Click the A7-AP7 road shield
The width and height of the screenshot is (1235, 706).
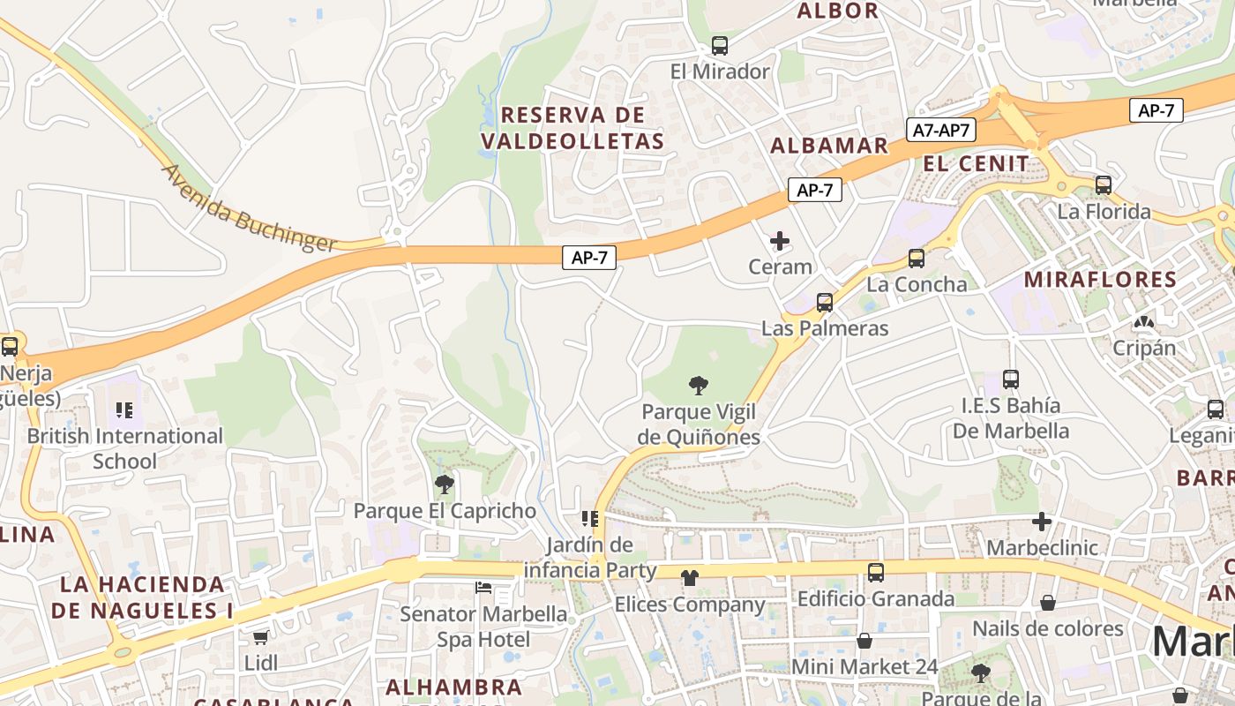pyautogui.click(x=940, y=131)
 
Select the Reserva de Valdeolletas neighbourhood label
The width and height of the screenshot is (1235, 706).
pyautogui.click(x=573, y=128)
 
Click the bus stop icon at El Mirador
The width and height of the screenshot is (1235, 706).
pyautogui.click(x=720, y=46)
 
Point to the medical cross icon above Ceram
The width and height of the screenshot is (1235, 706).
pyautogui.click(x=780, y=240)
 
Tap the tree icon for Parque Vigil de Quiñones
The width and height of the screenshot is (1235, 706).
pyautogui.click(x=699, y=386)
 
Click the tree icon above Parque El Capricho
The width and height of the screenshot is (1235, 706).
pyautogui.click(x=445, y=484)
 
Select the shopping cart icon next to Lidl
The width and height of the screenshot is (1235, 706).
pyautogui.click(x=260, y=637)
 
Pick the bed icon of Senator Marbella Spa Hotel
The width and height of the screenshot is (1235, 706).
pyautogui.click(x=483, y=588)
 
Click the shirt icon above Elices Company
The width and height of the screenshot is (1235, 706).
pyautogui.click(x=689, y=578)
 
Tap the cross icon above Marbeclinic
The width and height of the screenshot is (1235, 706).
pyautogui.click(x=1042, y=522)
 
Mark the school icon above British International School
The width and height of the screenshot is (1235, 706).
pyautogui.click(x=124, y=410)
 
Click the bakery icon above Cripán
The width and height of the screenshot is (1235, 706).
pyautogui.click(x=1144, y=322)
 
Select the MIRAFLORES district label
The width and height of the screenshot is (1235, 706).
pyautogui.click(x=1100, y=280)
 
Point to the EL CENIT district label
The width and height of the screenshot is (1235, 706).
pyautogui.click(x=977, y=163)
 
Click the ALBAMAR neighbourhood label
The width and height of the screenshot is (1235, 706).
pyautogui.click(x=829, y=146)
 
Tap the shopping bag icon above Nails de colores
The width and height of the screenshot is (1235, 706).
pyautogui.click(x=1048, y=603)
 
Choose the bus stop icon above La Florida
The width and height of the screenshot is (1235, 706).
pyautogui.click(x=1104, y=185)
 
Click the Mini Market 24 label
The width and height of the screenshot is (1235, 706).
pyautogui.click(x=864, y=666)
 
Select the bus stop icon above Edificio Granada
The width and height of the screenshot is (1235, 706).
pyautogui.click(x=875, y=573)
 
